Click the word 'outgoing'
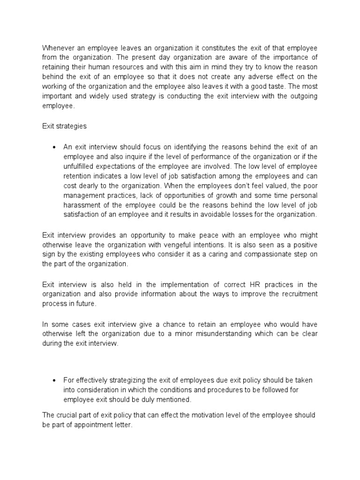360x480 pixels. click(302, 96)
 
